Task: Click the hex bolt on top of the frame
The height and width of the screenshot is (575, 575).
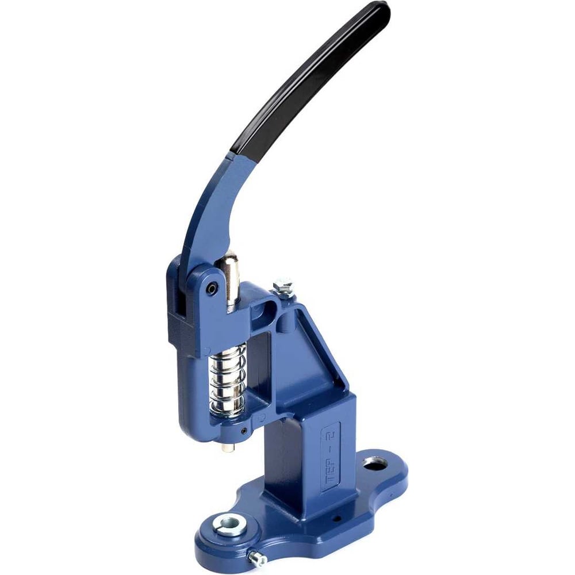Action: (x=282, y=285)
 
